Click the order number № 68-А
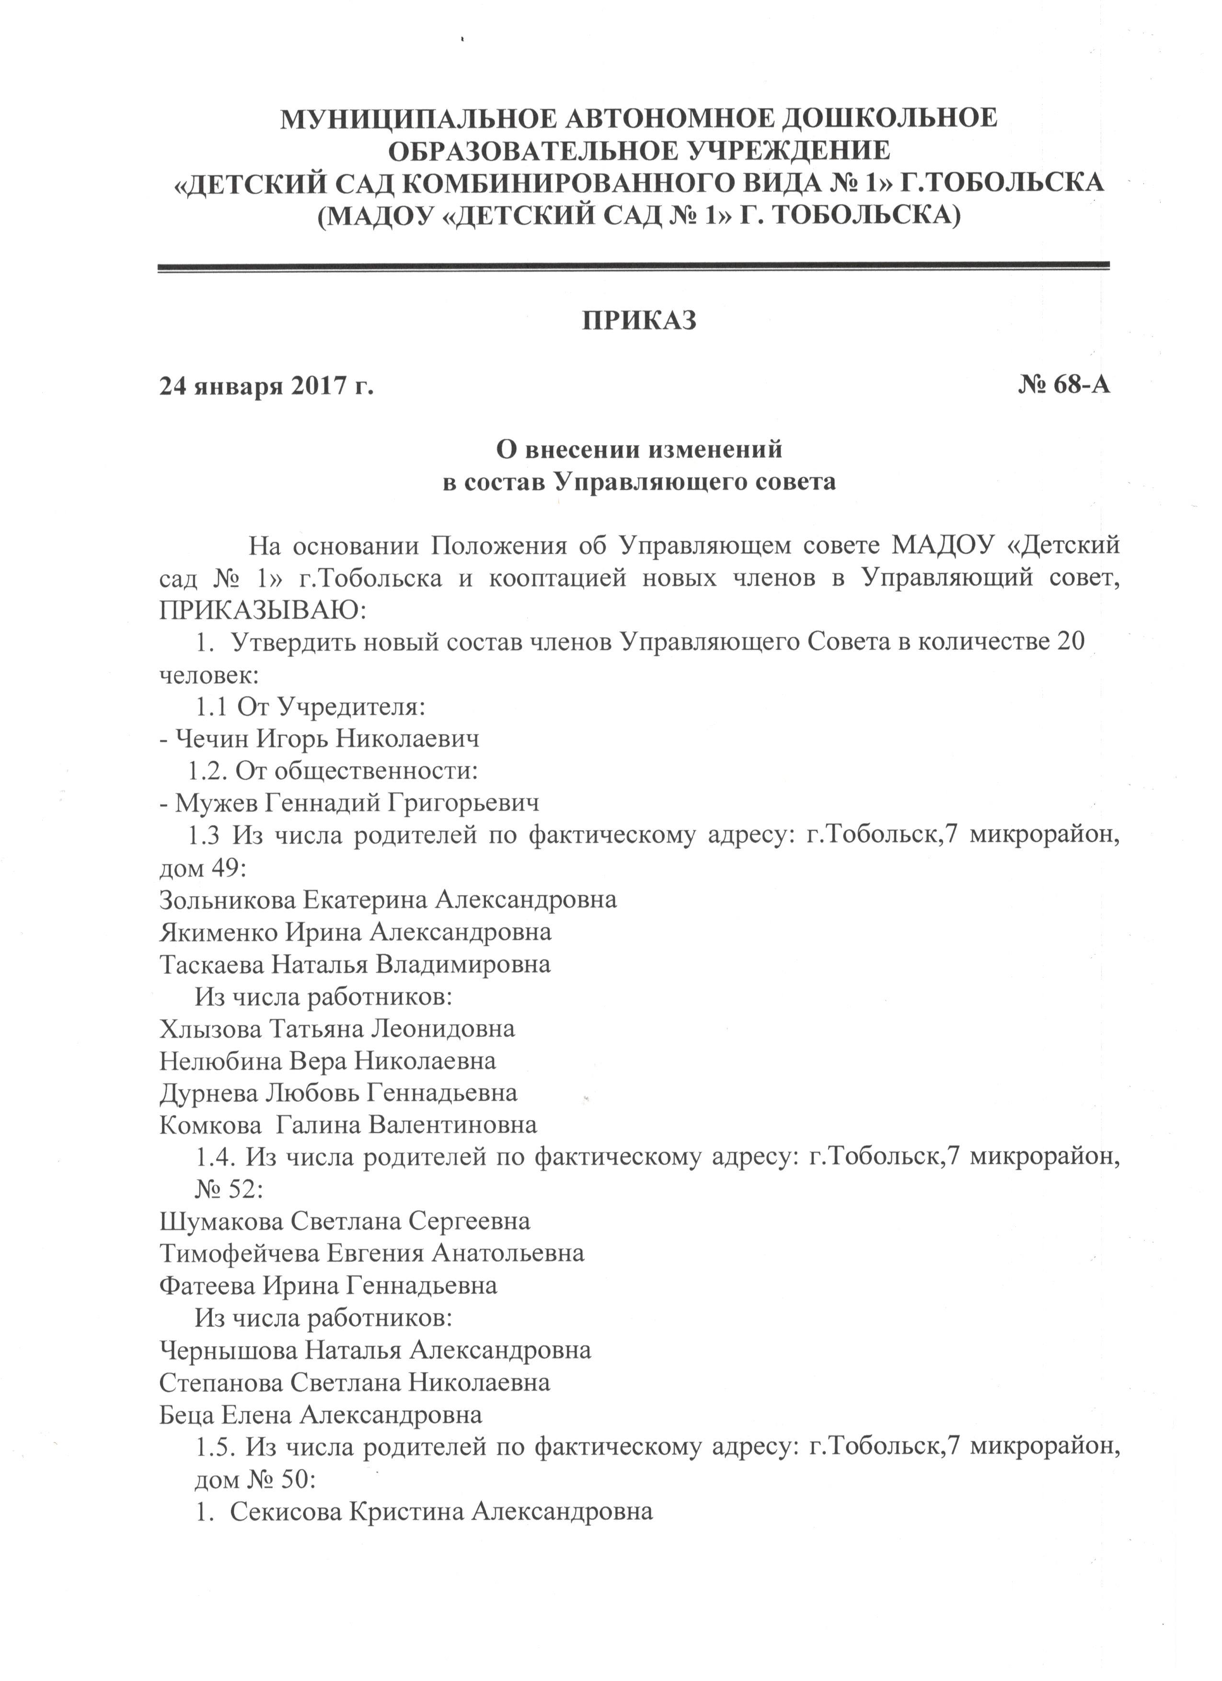coord(1064,385)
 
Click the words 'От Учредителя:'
coord(331,707)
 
